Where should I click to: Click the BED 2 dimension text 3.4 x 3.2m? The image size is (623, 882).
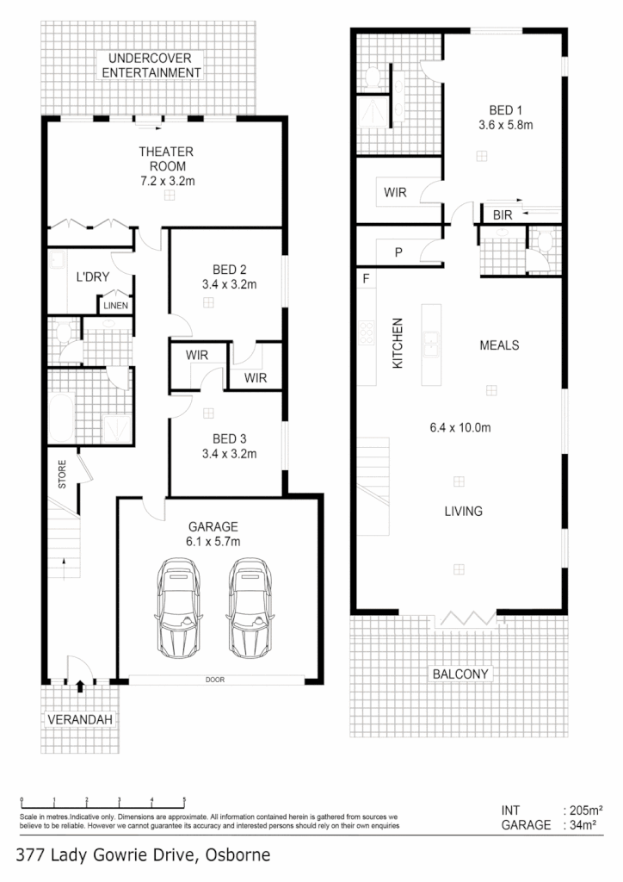(x=229, y=283)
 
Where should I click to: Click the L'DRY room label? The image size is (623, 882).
(x=91, y=277)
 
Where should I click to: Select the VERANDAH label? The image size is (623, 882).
(x=80, y=718)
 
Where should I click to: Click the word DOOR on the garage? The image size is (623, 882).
(x=215, y=680)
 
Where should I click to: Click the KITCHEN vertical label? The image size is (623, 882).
(x=398, y=344)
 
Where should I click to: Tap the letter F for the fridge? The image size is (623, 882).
(x=366, y=279)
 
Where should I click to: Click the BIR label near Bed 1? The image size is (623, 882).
(x=503, y=214)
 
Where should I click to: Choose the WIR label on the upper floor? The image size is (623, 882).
(x=395, y=193)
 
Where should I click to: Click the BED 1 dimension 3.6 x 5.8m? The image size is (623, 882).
(x=506, y=124)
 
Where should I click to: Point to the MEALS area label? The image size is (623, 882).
(x=499, y=345)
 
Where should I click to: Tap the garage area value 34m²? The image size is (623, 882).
(x=583, y=824)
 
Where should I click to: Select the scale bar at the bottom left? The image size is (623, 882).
(x=102, y=802)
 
